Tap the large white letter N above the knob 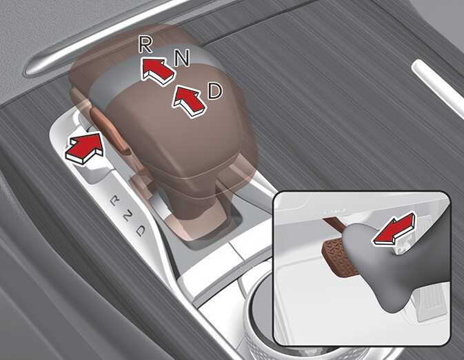point(182,57)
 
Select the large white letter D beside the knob point(214,91)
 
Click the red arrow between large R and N point(157,72)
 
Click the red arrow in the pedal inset point(394,228)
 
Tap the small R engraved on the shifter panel point(115,201)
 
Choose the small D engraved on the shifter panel point(141,230)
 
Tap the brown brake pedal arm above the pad point(334,224)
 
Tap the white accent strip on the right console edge point(438,83)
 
